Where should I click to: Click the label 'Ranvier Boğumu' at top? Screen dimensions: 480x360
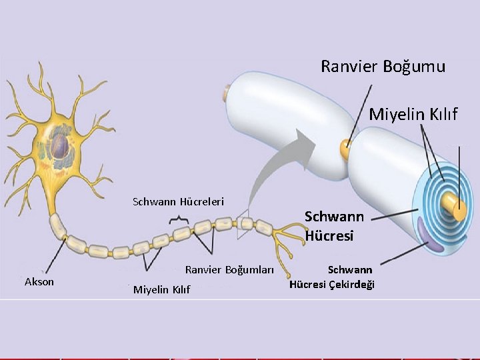[383, 67]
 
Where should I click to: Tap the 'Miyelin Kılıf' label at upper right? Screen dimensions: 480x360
[413, 115]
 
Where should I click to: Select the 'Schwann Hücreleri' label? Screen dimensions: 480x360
[178, 201]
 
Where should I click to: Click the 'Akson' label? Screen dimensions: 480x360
[39, 281]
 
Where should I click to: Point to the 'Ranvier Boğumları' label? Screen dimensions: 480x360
[229, 270]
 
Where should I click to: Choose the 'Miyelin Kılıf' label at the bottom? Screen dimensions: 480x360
[161, 289]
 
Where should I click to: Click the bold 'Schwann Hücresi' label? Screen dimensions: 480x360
[334, 226]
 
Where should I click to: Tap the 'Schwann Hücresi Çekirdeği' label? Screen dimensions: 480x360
[332, 277]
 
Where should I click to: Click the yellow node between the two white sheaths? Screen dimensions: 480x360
[345, 147]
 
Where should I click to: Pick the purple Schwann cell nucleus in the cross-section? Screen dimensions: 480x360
[431, 235]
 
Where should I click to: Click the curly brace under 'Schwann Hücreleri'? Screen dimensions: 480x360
[178, 219]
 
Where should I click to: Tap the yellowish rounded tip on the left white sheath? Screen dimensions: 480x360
[227, 93]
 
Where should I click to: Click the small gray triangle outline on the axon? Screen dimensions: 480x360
[243, 225]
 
